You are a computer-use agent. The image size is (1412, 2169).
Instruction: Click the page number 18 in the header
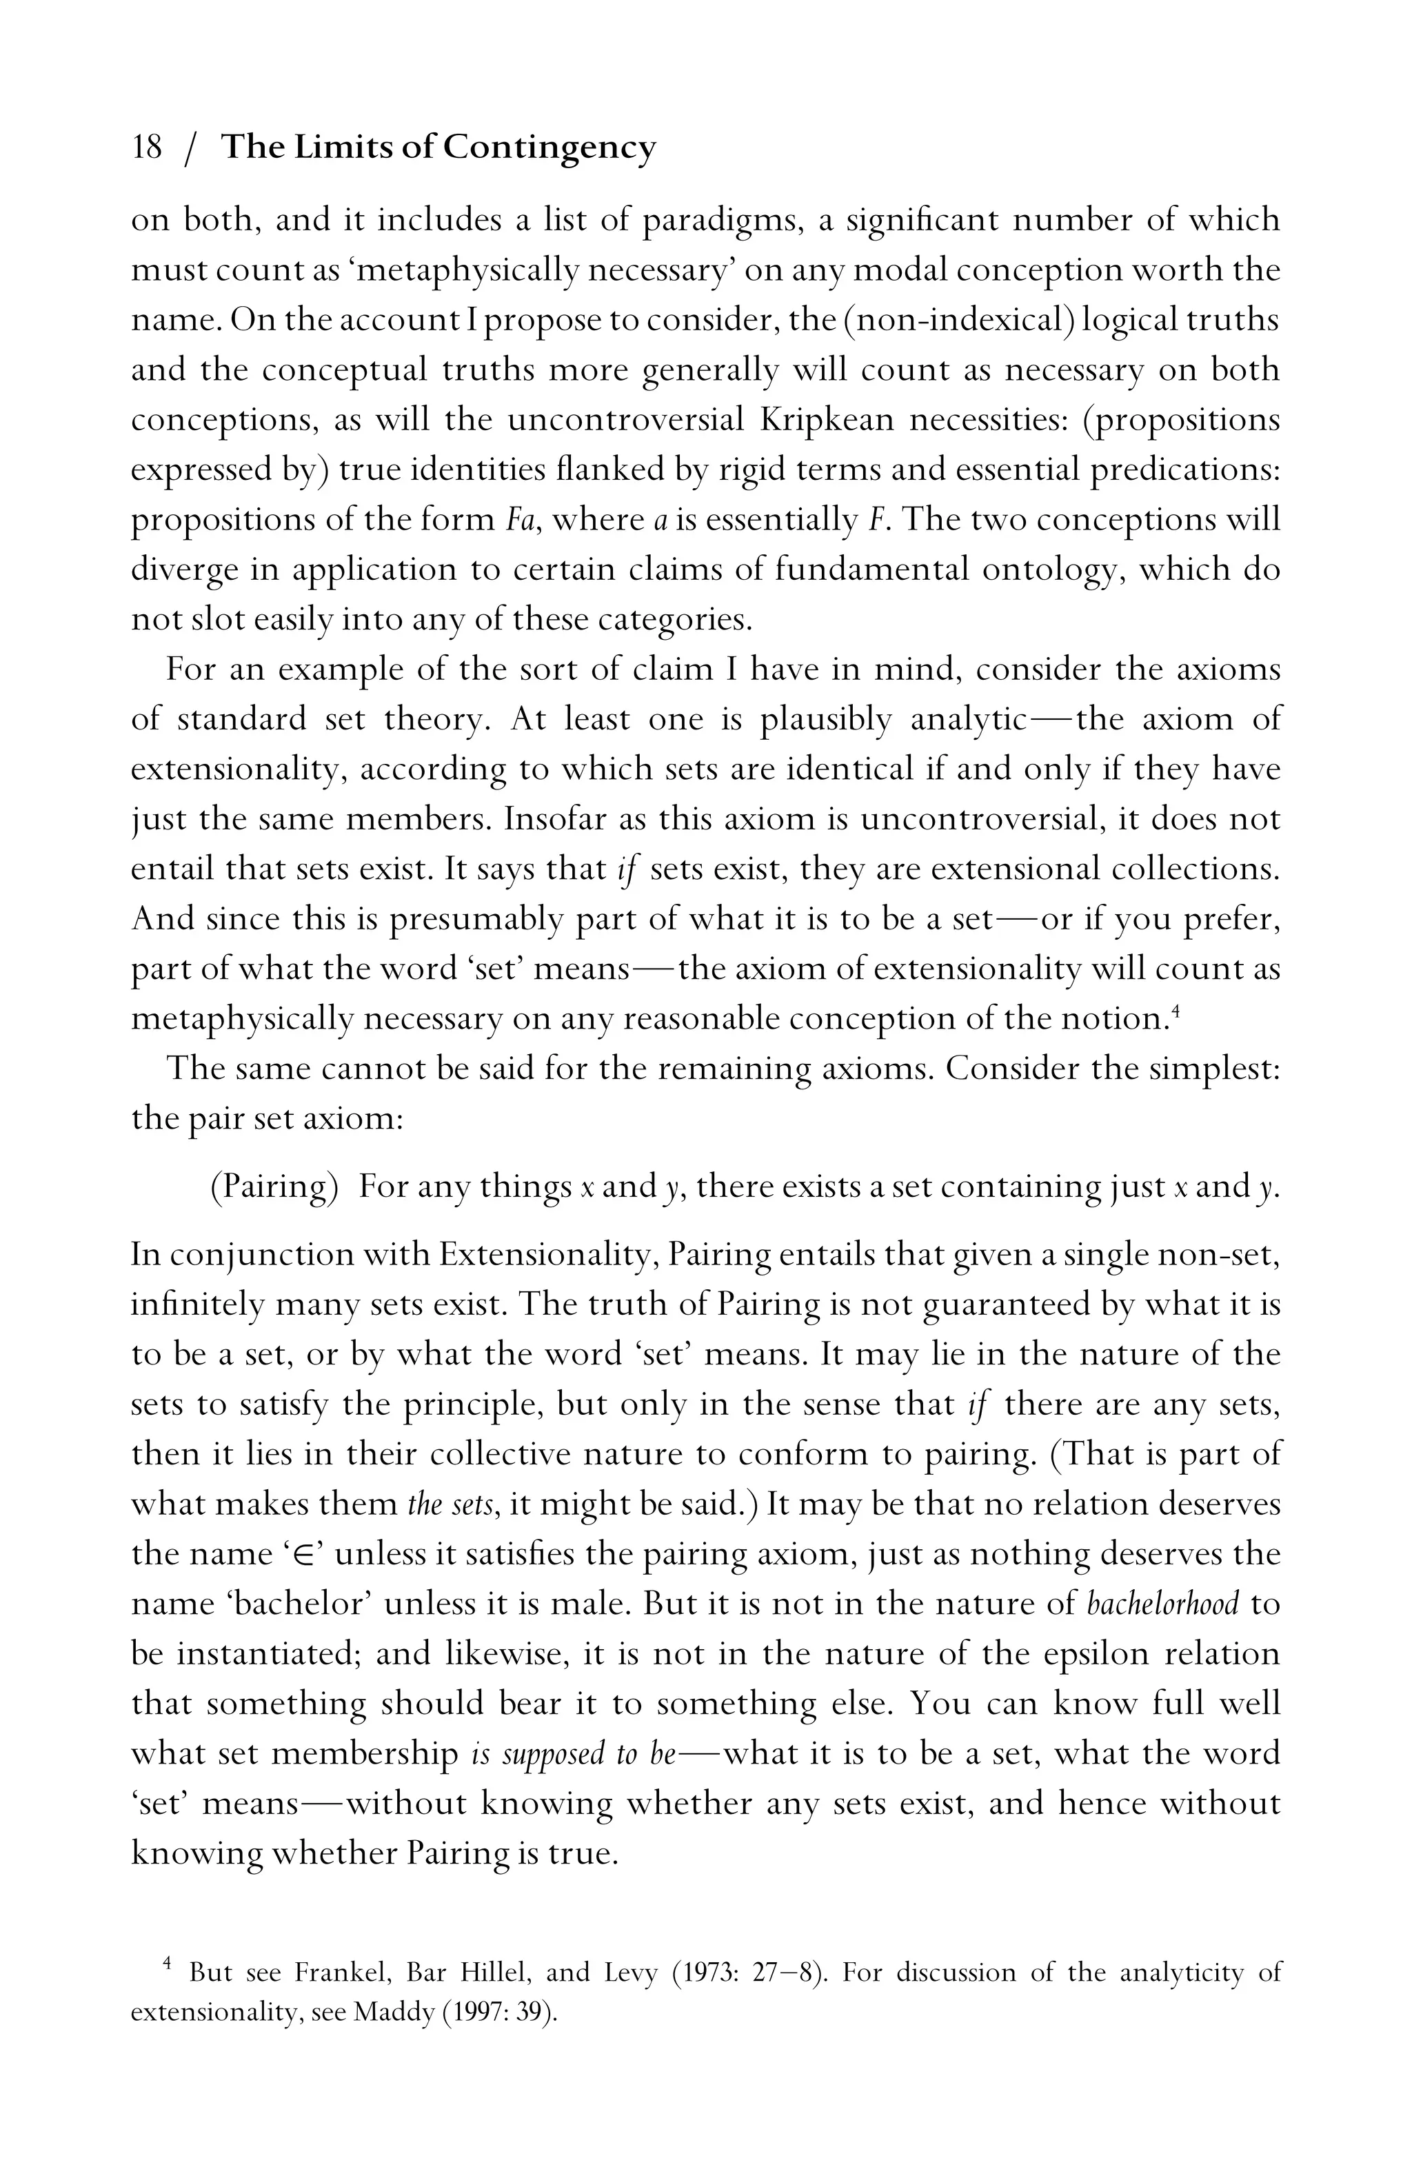(147, 147)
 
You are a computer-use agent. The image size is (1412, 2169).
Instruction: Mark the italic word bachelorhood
(1163, 1603)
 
